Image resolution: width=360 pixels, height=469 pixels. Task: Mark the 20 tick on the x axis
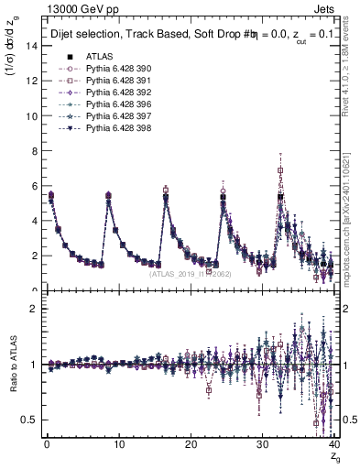click(x=190, y=444)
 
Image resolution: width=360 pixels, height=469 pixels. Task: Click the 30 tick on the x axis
click(x=261, y=444)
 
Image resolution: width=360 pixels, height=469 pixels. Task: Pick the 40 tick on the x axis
click(x=333, y=444)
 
